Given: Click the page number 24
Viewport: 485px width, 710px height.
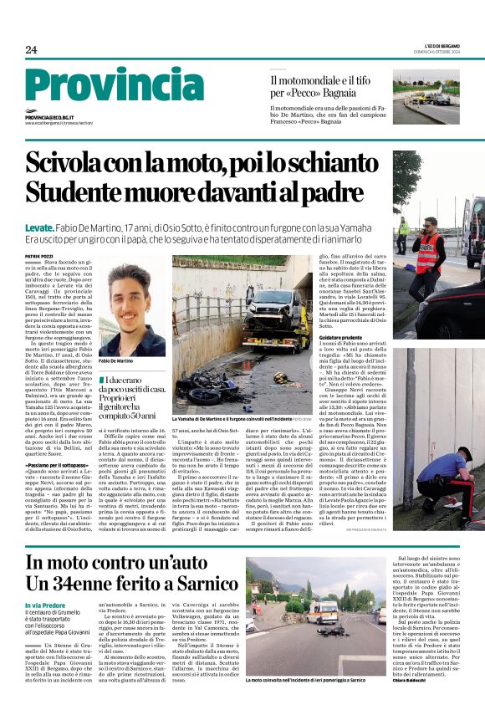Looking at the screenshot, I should (31, 50).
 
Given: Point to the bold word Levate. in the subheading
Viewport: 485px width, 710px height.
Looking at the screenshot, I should (40, 227).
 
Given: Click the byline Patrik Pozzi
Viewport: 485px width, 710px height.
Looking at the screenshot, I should (39, 256).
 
